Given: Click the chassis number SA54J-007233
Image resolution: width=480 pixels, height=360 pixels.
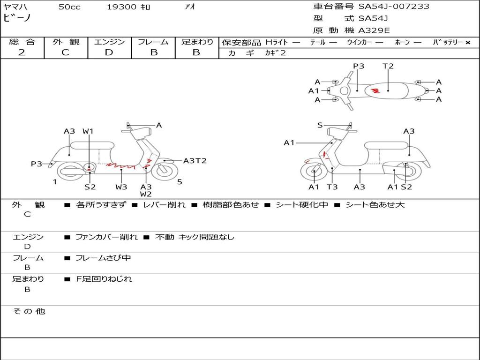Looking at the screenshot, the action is pos(394,7).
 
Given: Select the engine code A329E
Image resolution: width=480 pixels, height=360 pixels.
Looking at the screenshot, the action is pos(374,30).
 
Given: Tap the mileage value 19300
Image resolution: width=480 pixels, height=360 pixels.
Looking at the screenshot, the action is pos(121,7).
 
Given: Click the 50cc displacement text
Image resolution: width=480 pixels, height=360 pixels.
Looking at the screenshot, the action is pos(69,7).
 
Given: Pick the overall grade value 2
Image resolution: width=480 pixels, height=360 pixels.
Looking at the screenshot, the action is pos(22,52).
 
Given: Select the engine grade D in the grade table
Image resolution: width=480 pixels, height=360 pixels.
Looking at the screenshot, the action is pos(109,52).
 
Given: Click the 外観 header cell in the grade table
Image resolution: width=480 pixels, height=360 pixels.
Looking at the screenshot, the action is pos(66,42).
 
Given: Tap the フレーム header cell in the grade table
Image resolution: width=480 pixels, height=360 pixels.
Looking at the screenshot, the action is pos(153,42).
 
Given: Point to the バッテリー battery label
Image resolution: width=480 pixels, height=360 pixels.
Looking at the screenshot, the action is pos(448,42).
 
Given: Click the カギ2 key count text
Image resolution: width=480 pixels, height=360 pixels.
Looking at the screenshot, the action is pos(275,53).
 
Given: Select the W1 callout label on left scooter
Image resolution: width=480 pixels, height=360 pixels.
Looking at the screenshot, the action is pos(88,131).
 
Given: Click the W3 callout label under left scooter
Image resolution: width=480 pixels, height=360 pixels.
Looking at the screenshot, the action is pos(121,187).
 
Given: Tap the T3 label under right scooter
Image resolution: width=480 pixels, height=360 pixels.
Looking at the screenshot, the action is pos(332,187).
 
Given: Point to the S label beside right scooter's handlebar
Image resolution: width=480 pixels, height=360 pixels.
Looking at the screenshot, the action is pos(320,125).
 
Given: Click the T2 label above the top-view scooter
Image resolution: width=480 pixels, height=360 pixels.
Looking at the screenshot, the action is pos(388,66).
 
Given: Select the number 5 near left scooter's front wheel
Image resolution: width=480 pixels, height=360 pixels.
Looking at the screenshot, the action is pos(180,182).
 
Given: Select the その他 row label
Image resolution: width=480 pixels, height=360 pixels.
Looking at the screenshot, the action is pos(29,311).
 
